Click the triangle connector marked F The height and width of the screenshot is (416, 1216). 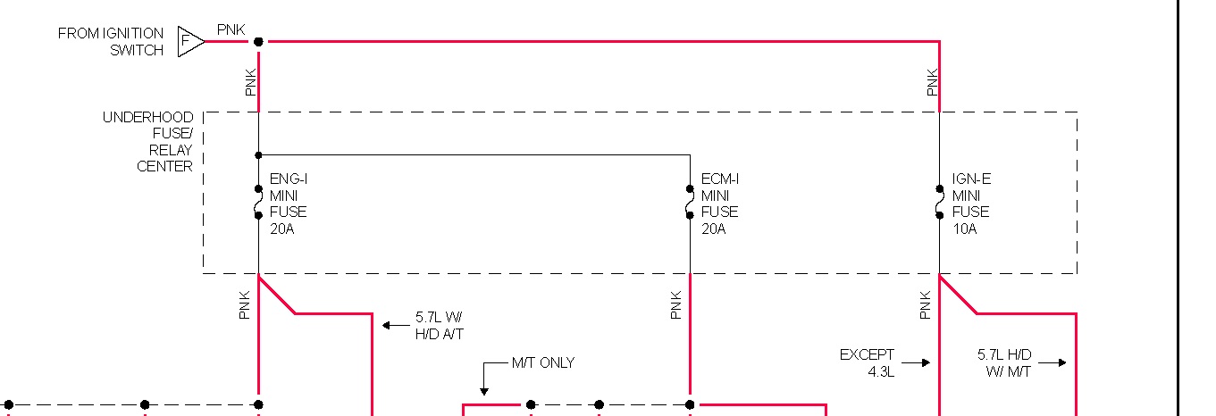(x=189, y=41)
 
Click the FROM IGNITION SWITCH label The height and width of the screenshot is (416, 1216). (x=111, y=42)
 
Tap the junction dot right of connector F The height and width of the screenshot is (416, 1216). (x=258, y=41)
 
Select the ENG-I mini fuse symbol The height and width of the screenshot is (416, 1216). (x=258, y=202)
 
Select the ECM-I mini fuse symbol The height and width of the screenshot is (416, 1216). (x=690, y=202)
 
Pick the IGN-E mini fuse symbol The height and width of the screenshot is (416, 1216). (x=939, y=202)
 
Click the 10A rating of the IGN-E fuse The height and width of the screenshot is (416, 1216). (x=964, y=229)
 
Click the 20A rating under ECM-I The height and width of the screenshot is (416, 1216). (x=713, y=229)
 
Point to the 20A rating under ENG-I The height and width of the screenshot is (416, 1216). (x=281, y=229)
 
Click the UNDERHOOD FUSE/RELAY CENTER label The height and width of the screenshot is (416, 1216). (x=147, y=142)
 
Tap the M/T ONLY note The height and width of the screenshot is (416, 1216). (x=542, y=362)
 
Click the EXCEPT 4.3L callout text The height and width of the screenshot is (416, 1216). (x=867, y=362)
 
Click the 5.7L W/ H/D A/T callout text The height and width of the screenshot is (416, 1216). (x=440, y=326)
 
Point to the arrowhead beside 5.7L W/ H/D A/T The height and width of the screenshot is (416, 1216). (x=387, y=325)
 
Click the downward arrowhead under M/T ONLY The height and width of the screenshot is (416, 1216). (x=483, y=390)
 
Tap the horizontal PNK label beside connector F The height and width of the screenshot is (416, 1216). (x=231, y=30)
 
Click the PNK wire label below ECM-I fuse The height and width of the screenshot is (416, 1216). (x=676, y=305)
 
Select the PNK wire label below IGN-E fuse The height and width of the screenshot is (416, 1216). (x=925, y=305)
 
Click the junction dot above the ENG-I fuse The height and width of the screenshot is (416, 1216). (x=258, y=154)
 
